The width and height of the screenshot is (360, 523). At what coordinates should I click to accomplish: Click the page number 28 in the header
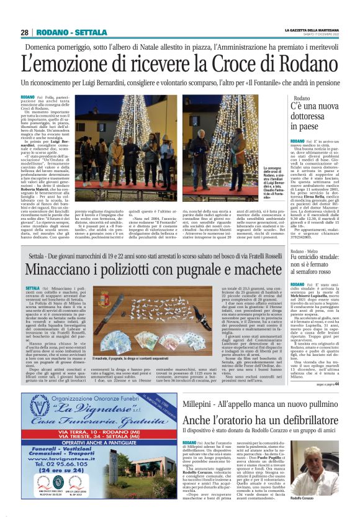coord(24,32)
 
